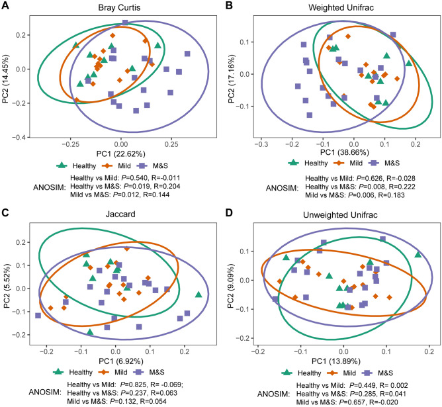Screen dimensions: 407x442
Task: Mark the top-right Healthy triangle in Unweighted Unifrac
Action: (418, 255)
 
